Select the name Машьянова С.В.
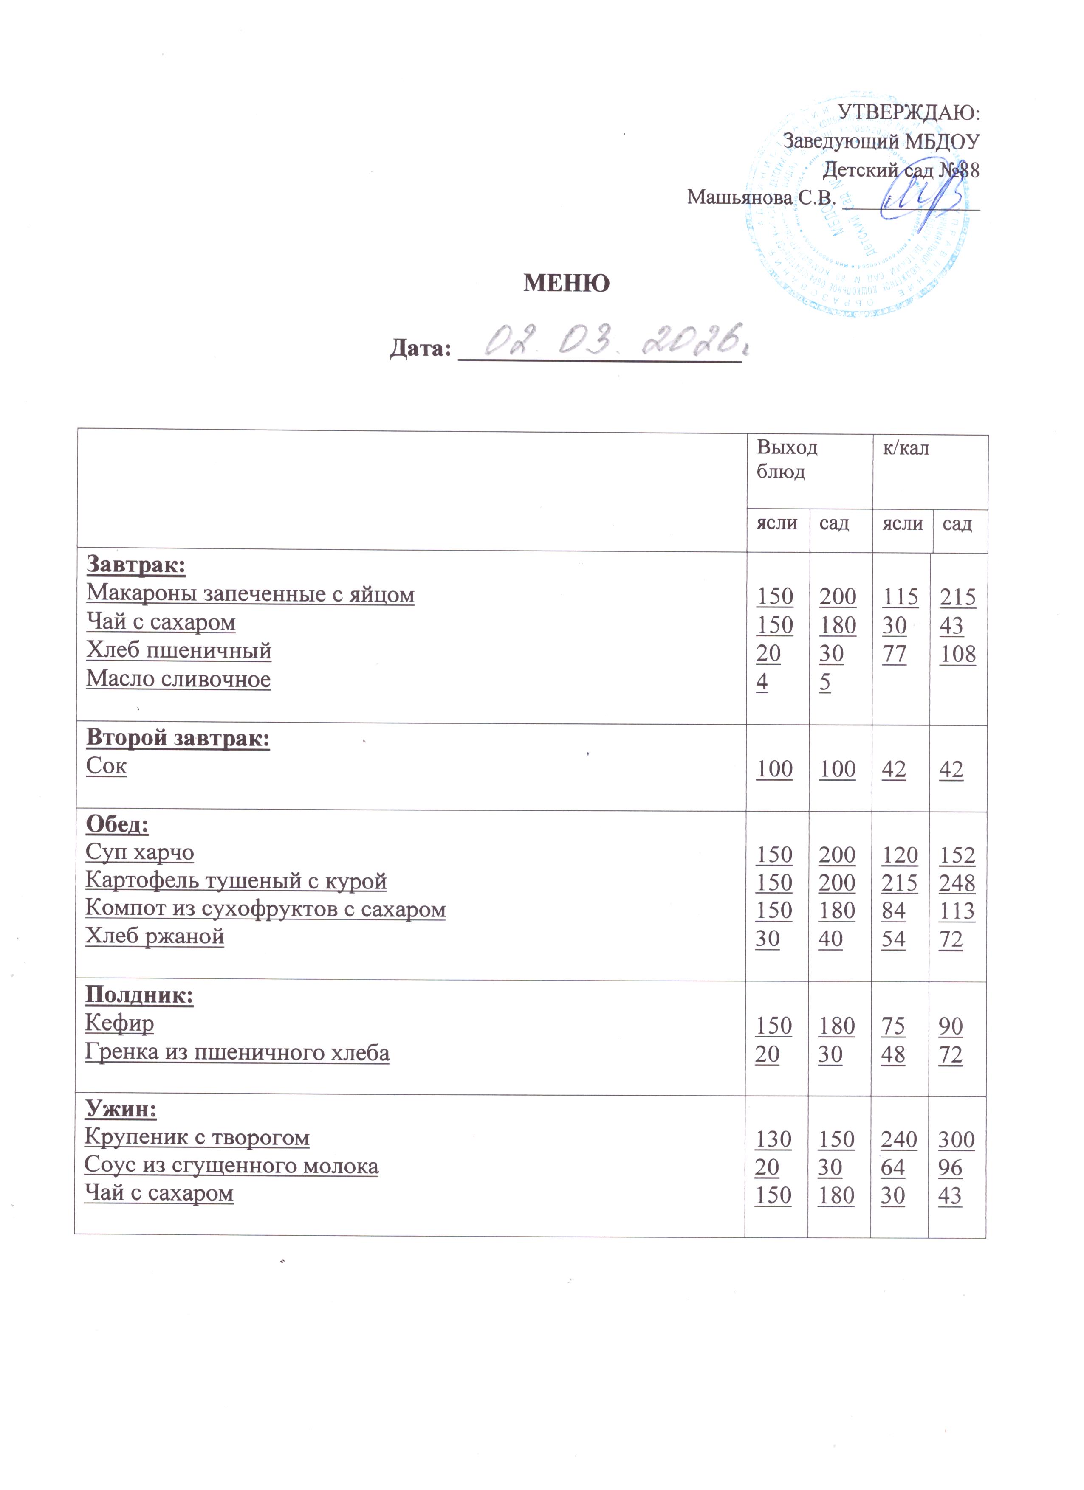[x=761, y=197]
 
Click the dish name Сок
[x=106, y=766]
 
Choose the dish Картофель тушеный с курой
[x=236, y=880]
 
